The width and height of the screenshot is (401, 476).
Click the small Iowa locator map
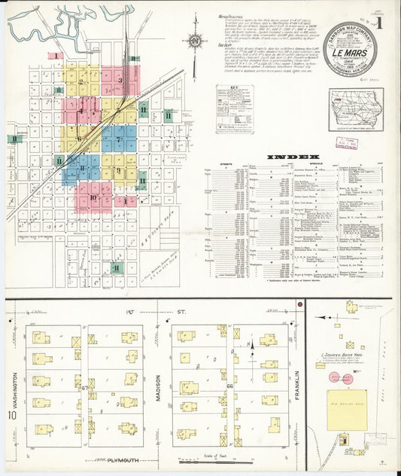[x=354, y=109]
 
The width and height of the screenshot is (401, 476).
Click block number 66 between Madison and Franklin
[x=231, y=386]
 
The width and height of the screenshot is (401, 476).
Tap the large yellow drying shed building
[x=351, y=407]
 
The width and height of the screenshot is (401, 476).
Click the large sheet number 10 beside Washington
[x=11, y=416]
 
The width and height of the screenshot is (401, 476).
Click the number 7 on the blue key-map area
[x=118, y=139]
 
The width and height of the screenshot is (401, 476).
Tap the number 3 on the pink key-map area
[x=120, y=79]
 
